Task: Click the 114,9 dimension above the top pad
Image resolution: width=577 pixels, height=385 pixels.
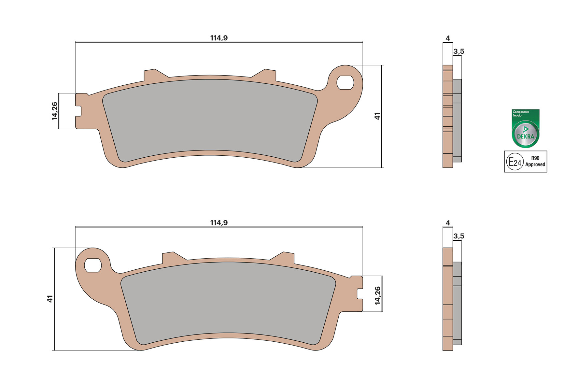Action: point(219,38)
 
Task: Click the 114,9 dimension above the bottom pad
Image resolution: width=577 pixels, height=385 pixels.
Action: point(219,223)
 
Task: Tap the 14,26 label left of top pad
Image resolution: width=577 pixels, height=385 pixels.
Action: point(54,111)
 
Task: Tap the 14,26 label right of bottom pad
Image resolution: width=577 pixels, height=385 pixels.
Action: point(377,295)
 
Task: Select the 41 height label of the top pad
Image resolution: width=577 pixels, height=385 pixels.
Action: point(377,116)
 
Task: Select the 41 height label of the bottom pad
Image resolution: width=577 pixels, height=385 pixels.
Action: point(50,299)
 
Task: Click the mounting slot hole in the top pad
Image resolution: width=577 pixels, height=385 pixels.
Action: point(345,83)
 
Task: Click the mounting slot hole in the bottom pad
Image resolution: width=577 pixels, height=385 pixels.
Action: point(93,265)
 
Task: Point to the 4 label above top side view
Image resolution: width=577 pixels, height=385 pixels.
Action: point(448,38)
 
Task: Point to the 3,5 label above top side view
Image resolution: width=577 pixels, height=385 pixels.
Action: point(458,51)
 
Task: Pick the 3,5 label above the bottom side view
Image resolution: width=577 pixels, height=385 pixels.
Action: point(458,236)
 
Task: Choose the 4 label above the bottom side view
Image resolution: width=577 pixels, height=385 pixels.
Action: point(448,223)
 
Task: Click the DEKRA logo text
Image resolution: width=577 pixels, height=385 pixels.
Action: point(526,136)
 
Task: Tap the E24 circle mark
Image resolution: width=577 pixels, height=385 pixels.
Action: point(514,162)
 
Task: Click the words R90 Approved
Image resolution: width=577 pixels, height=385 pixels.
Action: point(535,162)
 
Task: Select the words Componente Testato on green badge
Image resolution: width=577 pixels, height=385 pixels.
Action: point(521,114)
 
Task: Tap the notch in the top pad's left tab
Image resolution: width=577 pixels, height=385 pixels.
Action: point(78,111)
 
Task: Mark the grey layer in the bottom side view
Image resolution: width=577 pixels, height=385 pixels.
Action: point(457,303)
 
